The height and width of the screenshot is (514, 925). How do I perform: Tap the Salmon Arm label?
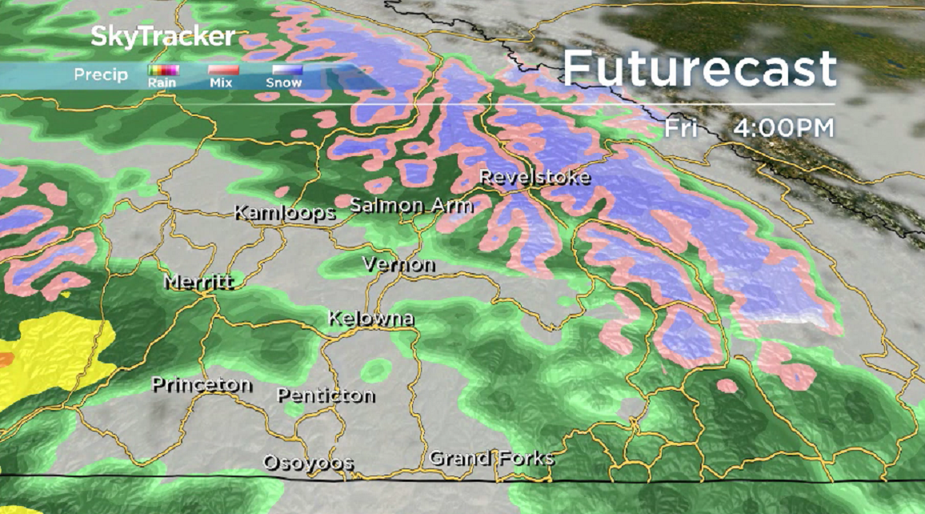[411, 206]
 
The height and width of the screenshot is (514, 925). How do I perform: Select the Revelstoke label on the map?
[535, 177]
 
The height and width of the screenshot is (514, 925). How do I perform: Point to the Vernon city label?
[398, 264]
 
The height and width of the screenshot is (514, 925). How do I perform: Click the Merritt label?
[198, 283]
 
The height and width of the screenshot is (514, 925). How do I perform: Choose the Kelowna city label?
[370, 319]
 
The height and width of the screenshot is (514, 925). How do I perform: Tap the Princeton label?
[202, 385]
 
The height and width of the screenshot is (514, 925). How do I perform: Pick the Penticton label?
[326, 395]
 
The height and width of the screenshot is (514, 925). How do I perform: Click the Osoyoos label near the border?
[308, 463]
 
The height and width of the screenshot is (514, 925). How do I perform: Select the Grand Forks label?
[491, 459]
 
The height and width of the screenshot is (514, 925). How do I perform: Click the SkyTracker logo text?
[163, 37]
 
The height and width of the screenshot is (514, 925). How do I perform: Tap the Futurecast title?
[699, 70]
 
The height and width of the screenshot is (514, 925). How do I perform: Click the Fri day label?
[681, 128]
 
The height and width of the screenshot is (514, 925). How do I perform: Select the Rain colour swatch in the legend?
[163, 70]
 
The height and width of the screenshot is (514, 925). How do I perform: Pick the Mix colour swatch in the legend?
[220, 70]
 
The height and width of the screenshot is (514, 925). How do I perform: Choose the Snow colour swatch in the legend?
[284, 70]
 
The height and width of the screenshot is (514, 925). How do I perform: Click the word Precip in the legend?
[101, 75]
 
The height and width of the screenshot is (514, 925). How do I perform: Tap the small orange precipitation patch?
[5, 359]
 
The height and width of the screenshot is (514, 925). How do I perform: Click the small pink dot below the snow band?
[727, 386]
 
